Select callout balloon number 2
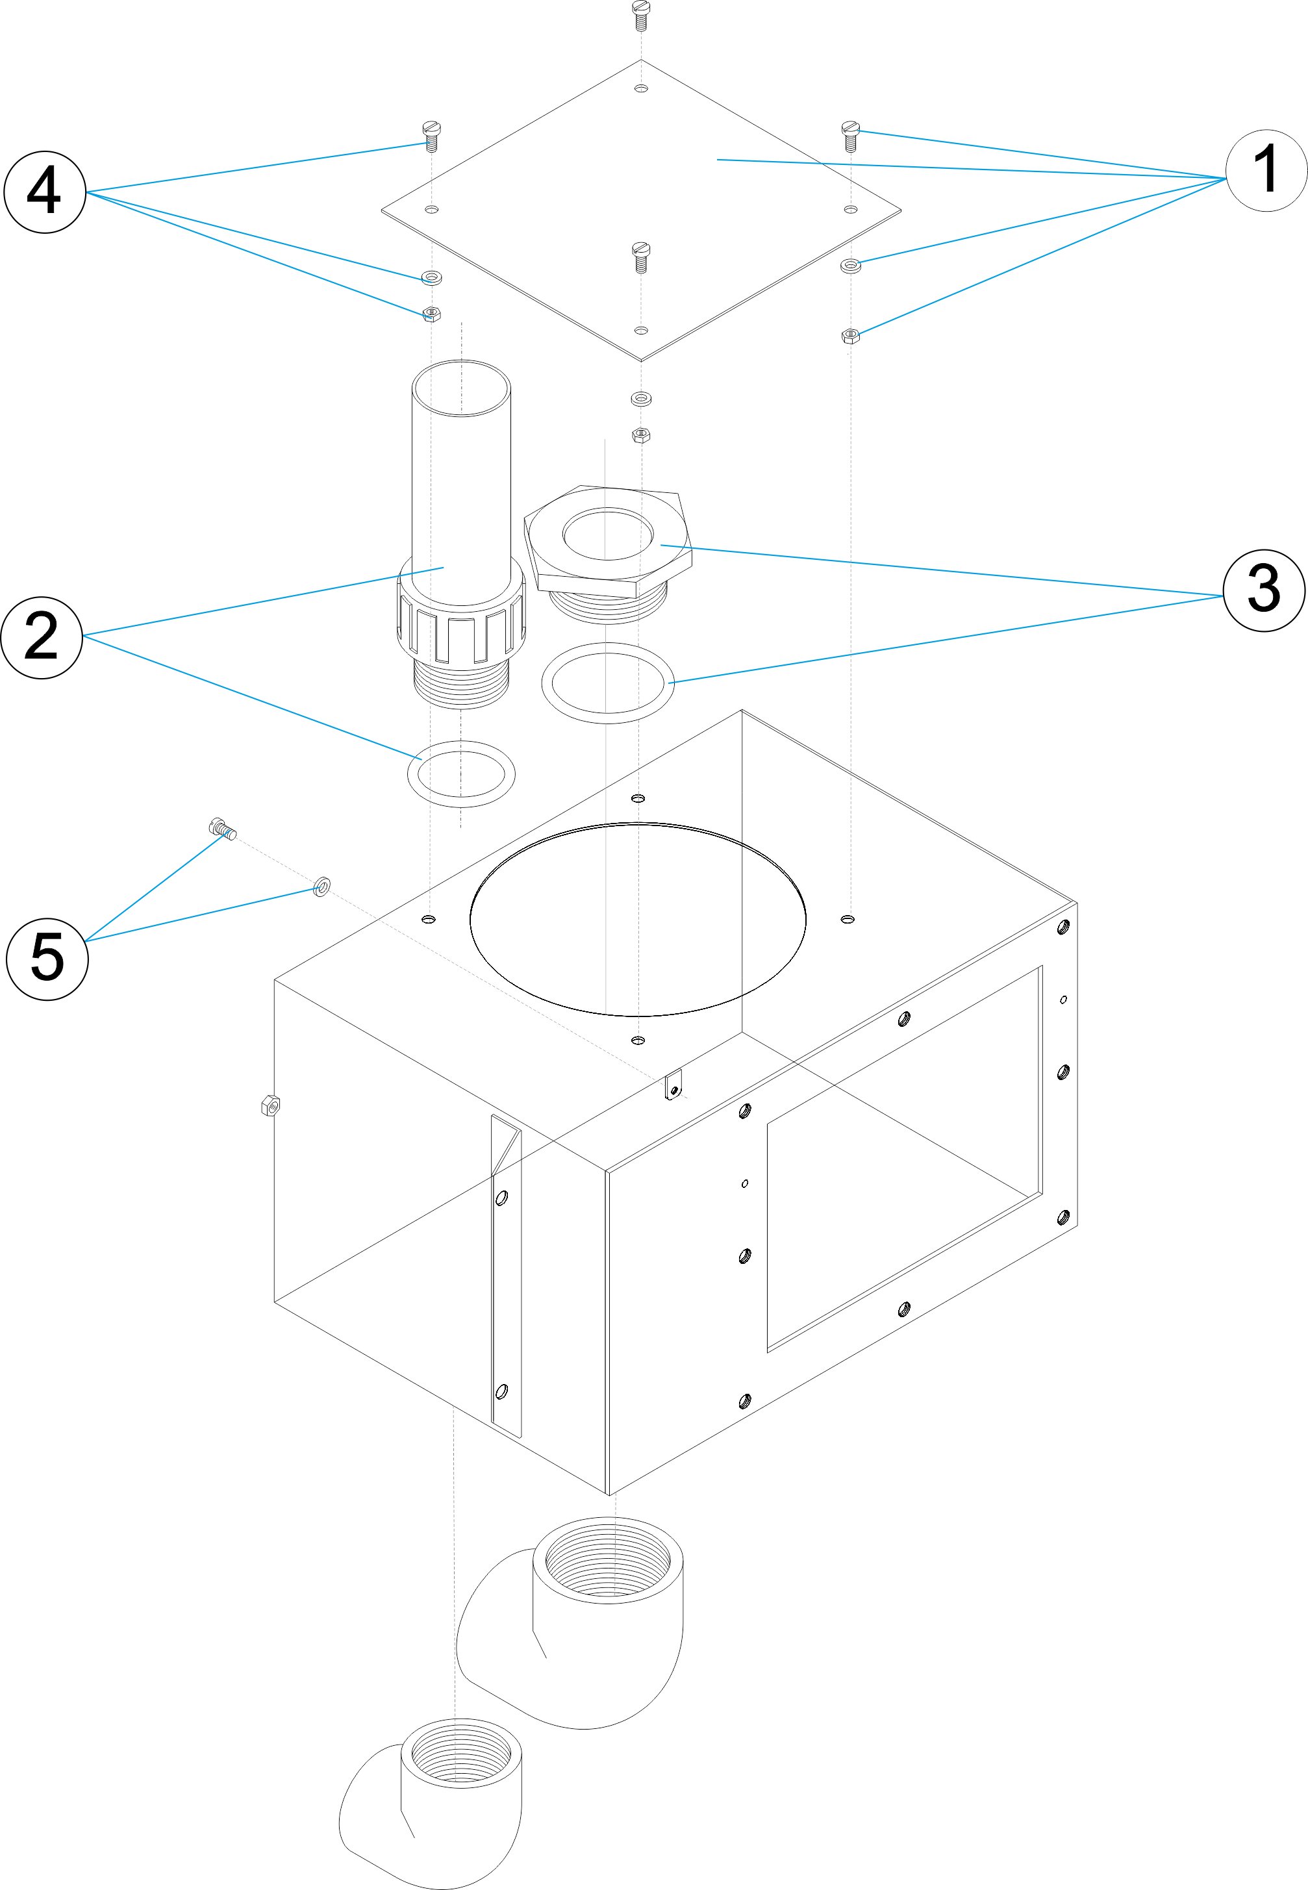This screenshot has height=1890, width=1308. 42,637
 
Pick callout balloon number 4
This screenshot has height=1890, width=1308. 45,192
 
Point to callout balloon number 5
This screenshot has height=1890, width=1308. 47,958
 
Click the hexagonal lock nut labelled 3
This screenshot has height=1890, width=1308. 608,542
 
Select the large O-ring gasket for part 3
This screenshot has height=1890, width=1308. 607,683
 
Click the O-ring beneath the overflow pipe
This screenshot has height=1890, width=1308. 461,773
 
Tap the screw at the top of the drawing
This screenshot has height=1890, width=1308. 641,12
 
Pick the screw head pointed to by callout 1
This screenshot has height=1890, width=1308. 851,132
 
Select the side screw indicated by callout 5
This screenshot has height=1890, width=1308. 222,829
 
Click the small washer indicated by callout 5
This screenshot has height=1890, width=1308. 322,885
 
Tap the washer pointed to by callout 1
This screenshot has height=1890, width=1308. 851,265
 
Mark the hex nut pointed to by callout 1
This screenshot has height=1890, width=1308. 851,335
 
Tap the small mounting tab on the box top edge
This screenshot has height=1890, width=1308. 673,1088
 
